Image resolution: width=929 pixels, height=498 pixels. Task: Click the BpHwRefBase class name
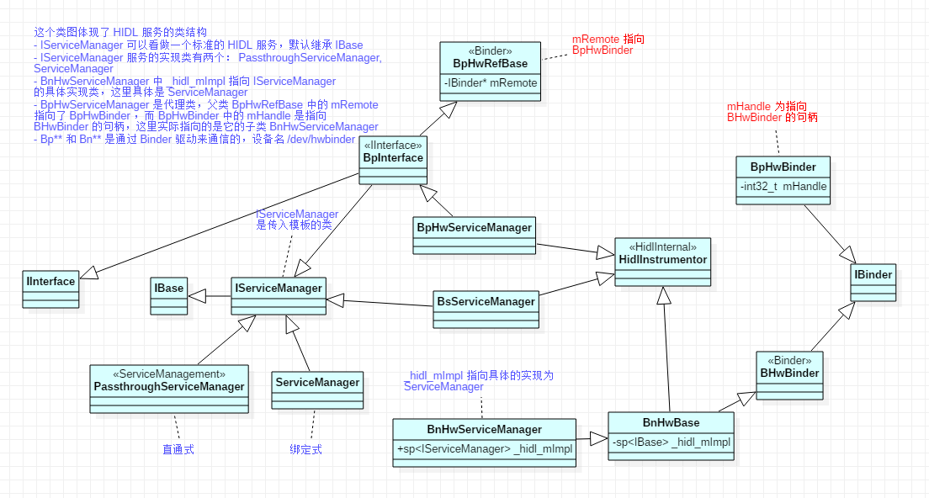click(491, 63)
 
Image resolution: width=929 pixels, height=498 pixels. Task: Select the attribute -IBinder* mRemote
click(491, 83)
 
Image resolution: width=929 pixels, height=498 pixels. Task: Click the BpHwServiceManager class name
click(474, 227)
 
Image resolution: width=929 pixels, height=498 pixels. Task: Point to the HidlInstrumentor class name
click(663, 260)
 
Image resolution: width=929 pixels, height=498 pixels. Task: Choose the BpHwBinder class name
click(783, 166)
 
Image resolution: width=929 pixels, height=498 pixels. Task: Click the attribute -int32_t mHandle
click(783, 186)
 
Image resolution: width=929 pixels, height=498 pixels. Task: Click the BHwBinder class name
click(788, 373)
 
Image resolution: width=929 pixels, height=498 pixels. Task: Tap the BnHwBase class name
click(671, 422)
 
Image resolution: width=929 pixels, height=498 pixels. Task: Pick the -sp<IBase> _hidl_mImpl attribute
click(671, 442)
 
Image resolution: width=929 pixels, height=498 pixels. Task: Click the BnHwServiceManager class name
click(484, 429)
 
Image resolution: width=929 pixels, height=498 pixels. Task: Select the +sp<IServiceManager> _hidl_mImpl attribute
click(484, 448)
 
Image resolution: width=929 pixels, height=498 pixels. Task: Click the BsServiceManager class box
click(486, 308)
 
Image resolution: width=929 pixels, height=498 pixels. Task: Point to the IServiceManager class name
click(279, 288)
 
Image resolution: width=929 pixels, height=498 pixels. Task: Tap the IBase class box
click(169, 295)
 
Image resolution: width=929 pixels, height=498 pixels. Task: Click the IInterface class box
click(50, 289)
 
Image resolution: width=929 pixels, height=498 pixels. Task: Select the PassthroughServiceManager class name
click(169, 387)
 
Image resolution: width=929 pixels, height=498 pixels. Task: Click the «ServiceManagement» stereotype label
click(169, 374)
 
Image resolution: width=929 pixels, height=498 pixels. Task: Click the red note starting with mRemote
click(608, 45)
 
